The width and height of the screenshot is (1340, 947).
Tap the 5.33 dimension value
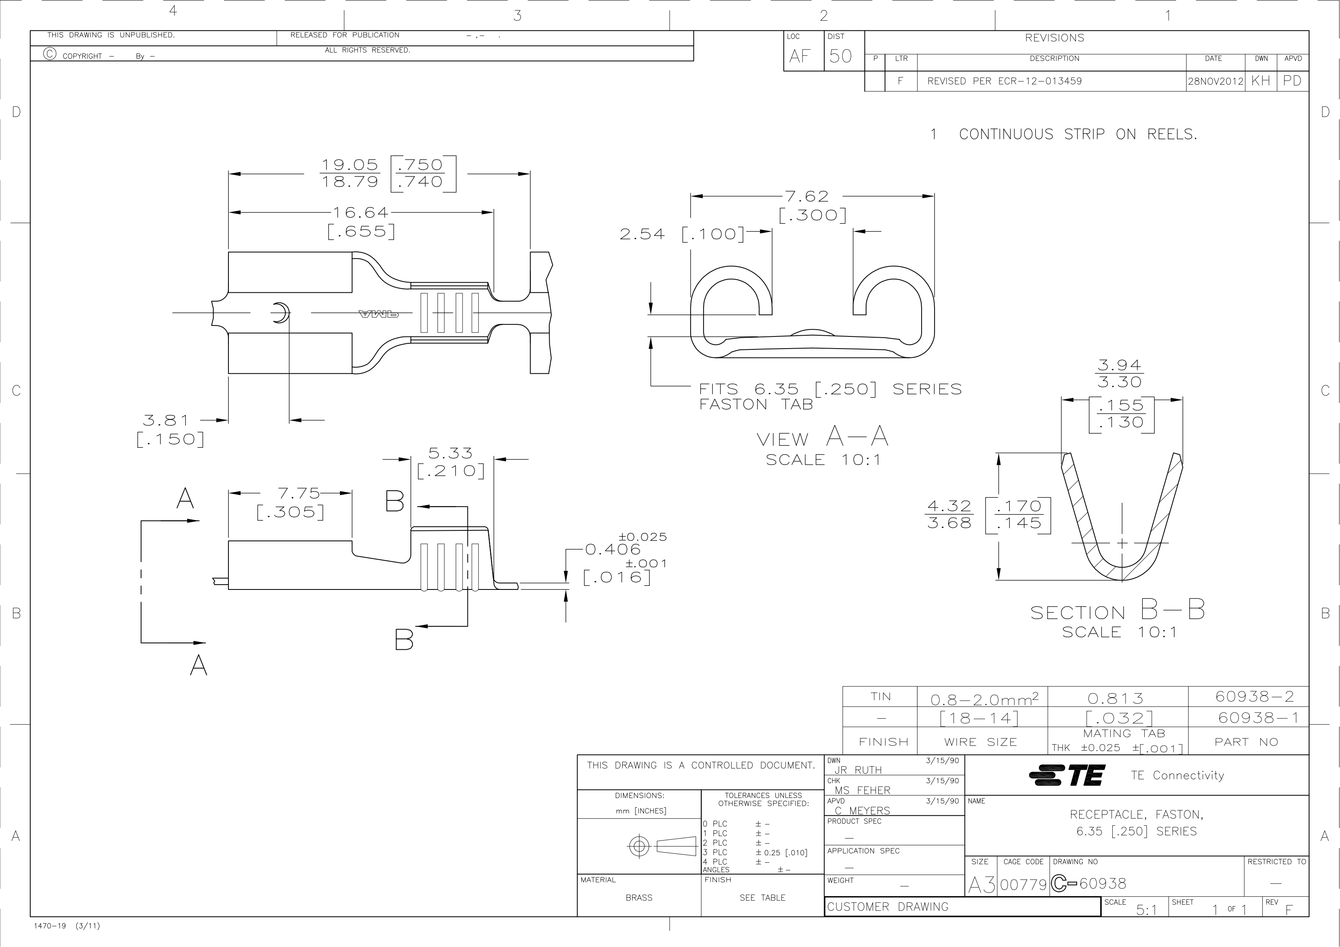pyautogui.click(x=450, y=453)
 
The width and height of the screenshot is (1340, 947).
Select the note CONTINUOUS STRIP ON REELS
pyautogui.click(x=1078, y=134)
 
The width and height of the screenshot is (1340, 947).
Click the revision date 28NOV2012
pyautogui.click(x=1216, y=81)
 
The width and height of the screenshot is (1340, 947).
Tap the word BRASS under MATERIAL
pyautogui.click(x=639, y=898)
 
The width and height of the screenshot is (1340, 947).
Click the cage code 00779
pyautogui.click(x=1024, y=885)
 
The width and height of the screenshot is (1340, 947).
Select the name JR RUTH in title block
pyautogui.click(x=858, y=770)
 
